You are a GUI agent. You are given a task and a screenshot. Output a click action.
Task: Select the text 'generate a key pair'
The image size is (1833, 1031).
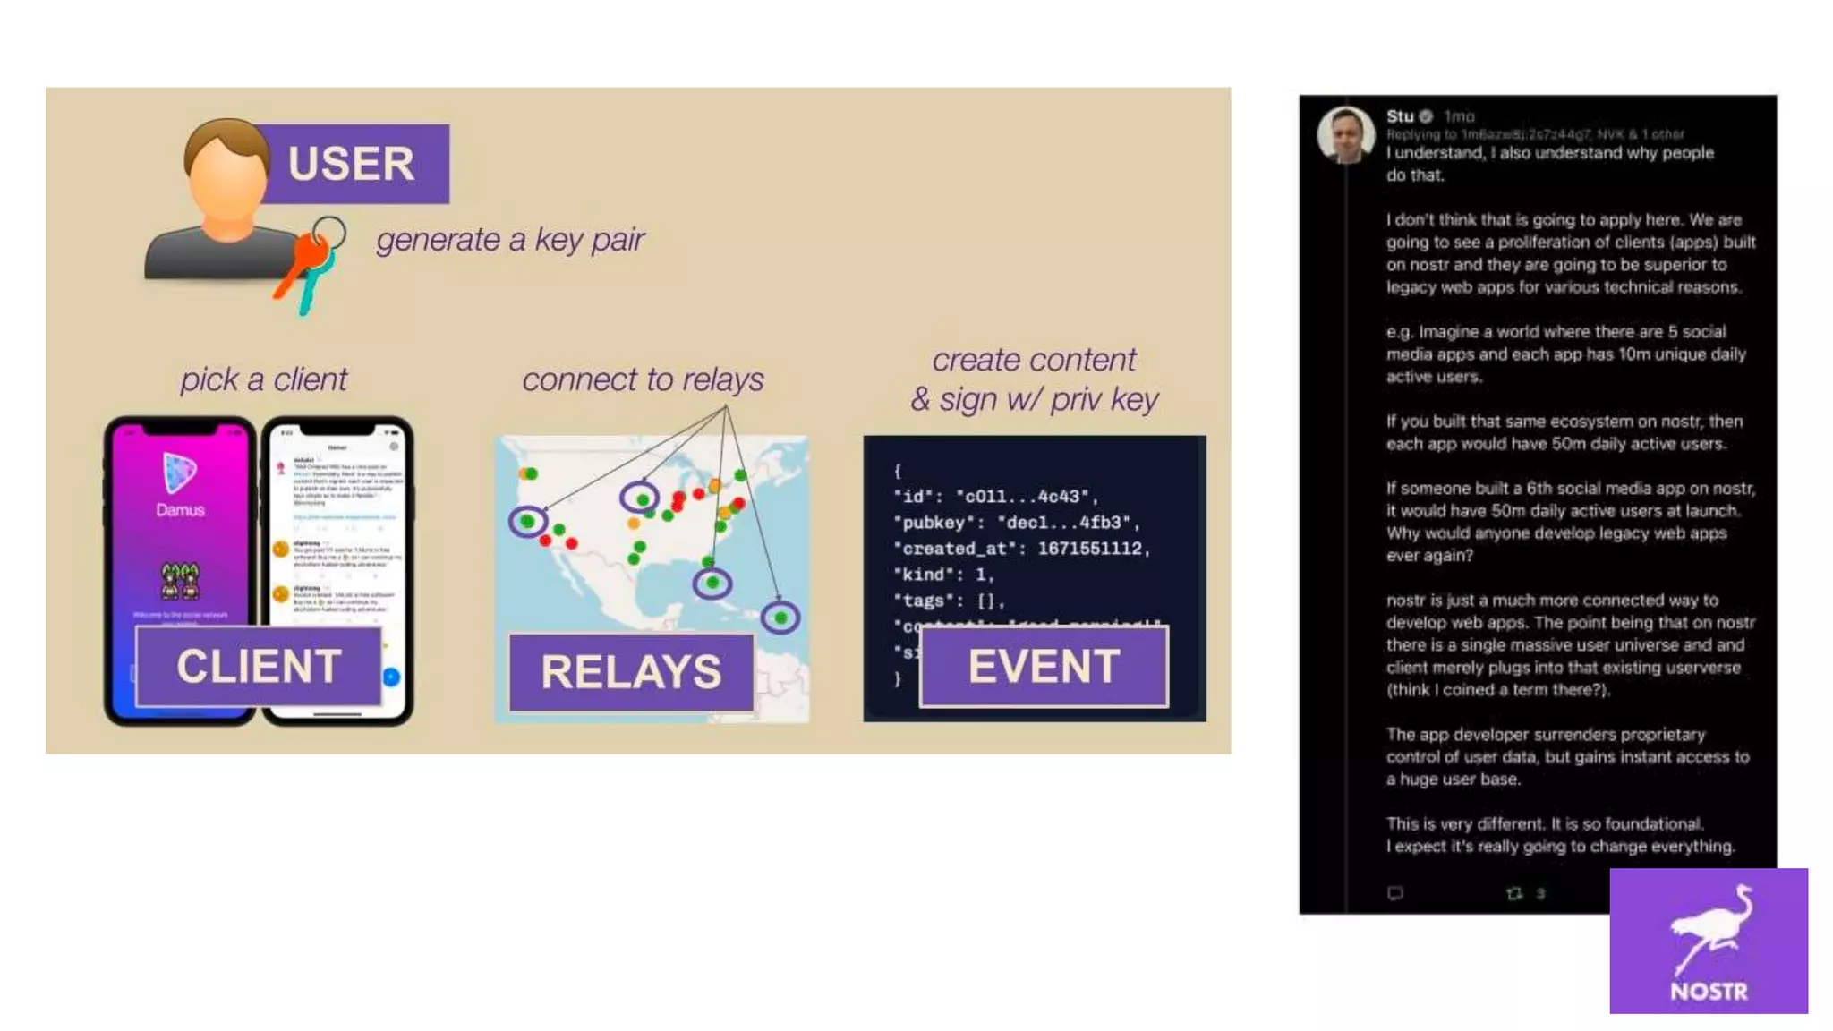[509, 240]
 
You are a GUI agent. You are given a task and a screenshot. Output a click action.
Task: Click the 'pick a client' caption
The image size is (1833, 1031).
[263, 379]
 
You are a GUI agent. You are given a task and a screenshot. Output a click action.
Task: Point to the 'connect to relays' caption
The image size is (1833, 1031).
[643, 379]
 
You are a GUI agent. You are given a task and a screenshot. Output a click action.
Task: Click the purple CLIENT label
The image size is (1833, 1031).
[258, 667]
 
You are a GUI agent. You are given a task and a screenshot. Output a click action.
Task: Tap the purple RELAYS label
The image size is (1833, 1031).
[631, 672]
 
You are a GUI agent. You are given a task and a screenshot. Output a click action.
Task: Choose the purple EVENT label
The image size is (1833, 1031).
[1044, 667]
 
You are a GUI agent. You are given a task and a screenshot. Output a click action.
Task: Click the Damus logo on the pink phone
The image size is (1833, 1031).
[179, 472]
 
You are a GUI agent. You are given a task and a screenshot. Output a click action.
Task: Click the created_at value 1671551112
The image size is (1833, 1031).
[1092, 549]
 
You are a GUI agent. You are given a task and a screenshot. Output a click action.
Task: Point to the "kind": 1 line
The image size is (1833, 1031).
[943, 575]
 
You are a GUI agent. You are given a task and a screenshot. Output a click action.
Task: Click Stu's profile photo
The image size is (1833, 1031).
[1345, 135]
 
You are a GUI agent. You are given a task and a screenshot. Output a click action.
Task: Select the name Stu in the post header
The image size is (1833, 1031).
[1399, 116]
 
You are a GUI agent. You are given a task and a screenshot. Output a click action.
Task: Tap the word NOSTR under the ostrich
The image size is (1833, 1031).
[1709, 992]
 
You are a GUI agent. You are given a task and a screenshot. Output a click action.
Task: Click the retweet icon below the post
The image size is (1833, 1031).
[1513, 893]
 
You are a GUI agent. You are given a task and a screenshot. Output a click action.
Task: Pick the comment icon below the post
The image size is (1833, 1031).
[1394, 893]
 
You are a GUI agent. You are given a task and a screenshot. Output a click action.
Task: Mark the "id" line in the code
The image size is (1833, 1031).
[995, 497]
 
